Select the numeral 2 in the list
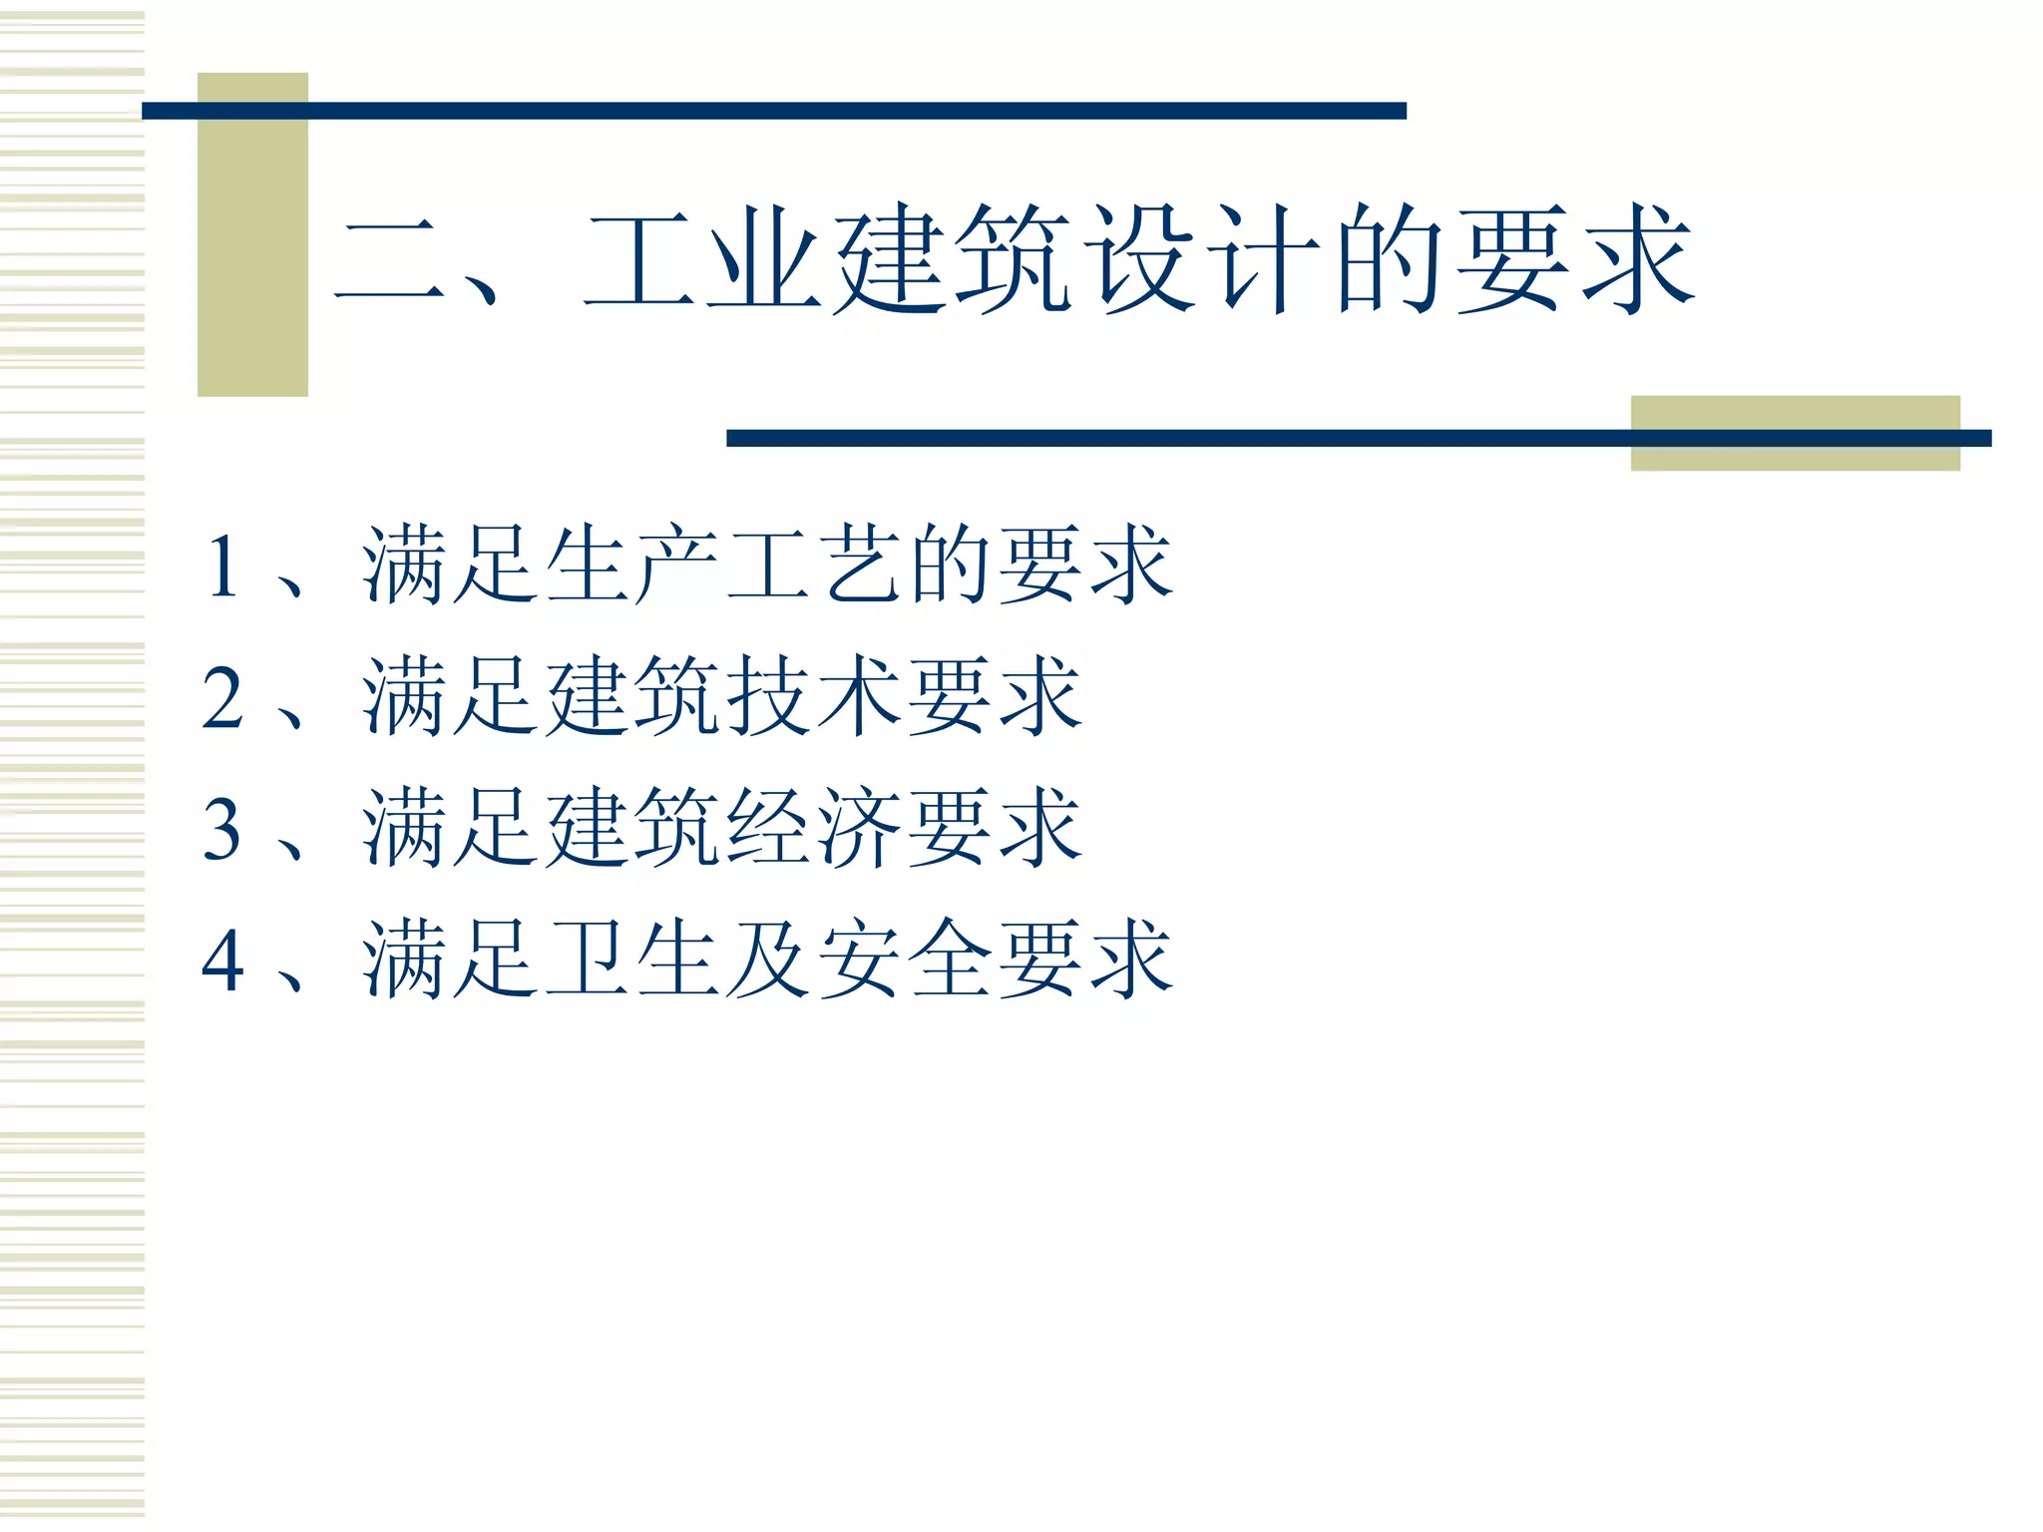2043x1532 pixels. [222, 697]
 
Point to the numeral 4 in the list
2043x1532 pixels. [222, 959]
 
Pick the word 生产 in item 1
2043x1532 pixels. [632, 566]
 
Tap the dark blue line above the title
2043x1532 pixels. [774, 111]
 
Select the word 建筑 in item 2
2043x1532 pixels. [632, 697]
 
